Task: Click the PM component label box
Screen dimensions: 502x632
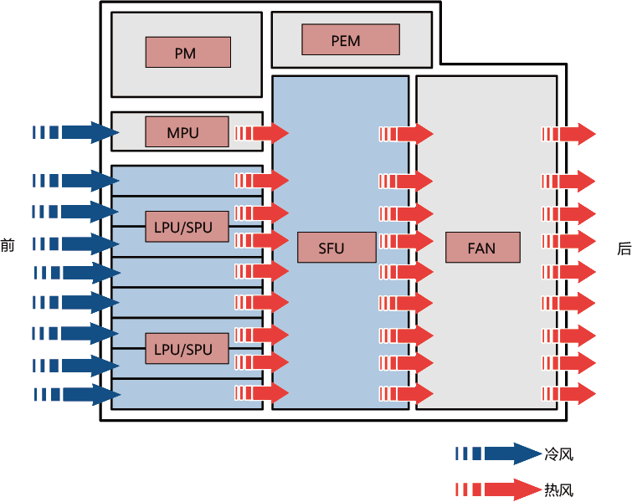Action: [x=186, y=53]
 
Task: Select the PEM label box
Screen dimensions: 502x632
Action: [x=351, y=39]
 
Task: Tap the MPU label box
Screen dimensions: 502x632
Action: [x=186, y=132]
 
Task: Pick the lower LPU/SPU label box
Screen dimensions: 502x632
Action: [x=186, y=348]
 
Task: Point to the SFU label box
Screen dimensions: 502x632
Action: [x=336, y=248]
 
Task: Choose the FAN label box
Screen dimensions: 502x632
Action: [x=482, y=248]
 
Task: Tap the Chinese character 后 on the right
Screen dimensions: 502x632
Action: [x=624, y=248]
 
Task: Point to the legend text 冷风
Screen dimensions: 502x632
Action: [x=558, y=455]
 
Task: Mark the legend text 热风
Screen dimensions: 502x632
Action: [x=558, y=490]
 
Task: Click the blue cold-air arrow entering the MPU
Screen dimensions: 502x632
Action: [x=76, y=132]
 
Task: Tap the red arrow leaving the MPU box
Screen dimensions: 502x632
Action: [x=262, y=133]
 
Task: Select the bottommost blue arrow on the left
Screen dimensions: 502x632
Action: [x=76, y=393]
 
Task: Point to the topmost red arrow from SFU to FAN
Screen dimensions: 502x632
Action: [x=406, y=134]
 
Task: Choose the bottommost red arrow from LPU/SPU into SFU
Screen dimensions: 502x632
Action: [x=262, y=392]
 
